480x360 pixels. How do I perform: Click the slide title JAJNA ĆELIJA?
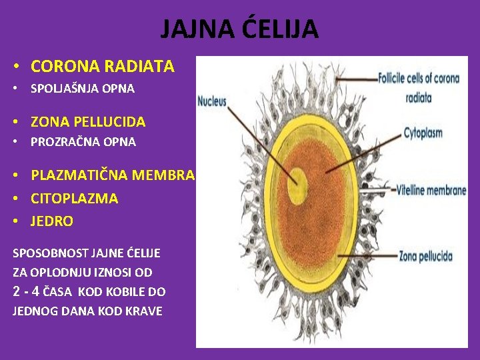[x=239, y=29]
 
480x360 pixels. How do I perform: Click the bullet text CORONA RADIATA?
[x=103, y=67]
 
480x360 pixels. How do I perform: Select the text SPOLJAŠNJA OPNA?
[x=83, y=88]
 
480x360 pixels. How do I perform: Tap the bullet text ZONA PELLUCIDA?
[x=88, y=122]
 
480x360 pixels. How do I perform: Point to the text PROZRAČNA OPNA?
[x=83, y=142]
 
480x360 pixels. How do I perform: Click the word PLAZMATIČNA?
[x=80, y=176]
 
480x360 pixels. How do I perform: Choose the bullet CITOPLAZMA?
[x=75, y=199]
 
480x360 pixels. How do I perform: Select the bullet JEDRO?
[x=52, y=221]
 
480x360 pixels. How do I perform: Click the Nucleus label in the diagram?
[x=213, y=102]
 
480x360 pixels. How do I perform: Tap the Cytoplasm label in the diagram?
[x=423, y=133]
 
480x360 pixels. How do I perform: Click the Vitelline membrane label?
[x=431, y=191]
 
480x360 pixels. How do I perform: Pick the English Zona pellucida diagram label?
[x=425, y=256]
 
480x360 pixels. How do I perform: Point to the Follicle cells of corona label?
[x=419, y=78]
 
